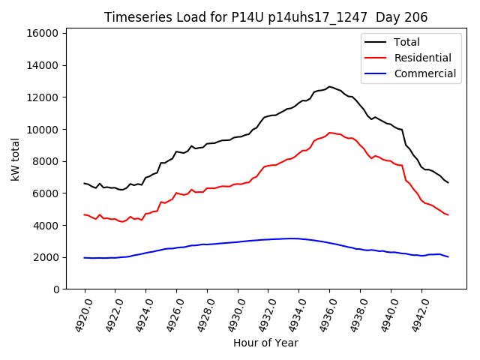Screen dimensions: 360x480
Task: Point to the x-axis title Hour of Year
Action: point(265,343)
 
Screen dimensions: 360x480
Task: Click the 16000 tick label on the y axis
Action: point(43,34)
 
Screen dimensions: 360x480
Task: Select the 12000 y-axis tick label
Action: point(43,97)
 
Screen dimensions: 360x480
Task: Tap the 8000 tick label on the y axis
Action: point(46,161)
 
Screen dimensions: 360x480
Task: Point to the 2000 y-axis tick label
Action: point(46,257)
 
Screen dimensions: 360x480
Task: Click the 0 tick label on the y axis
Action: point(56,289)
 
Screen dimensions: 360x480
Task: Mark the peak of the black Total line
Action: point(329,86)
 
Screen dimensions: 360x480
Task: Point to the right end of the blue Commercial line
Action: point(448,257)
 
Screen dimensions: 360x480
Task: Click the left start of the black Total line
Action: point(85,183)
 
